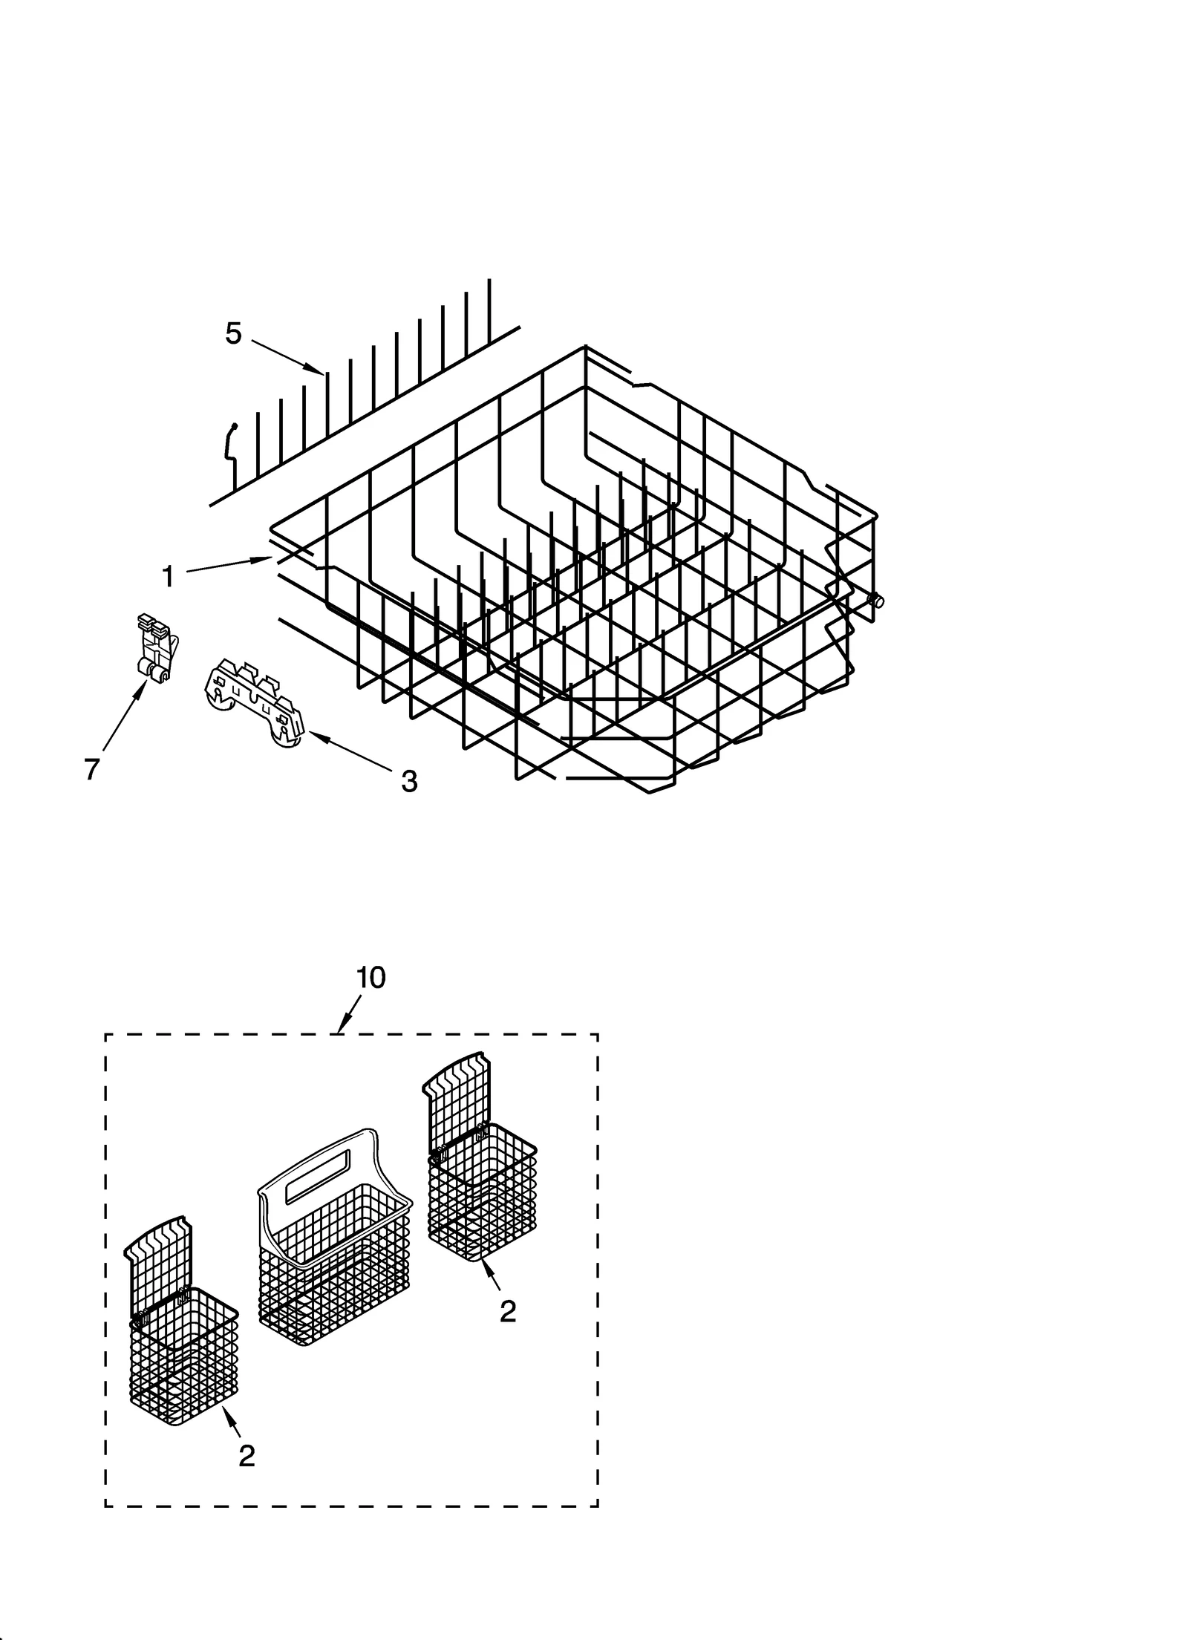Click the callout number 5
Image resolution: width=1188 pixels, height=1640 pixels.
pyautogui.click(x=233, y=334)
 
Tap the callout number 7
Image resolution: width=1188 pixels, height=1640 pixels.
pyautogui.click(x=91, y=770)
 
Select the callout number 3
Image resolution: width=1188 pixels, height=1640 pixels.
pyautogui.click(x=408, y=780)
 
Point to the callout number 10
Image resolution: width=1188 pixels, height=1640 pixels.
pyautogui.click(x=371, y=978)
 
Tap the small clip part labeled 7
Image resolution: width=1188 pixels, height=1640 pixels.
pyautogui.click(x=157, y=644)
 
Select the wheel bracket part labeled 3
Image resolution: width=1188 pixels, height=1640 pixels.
pyautogui.click(x=255, y=702)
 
